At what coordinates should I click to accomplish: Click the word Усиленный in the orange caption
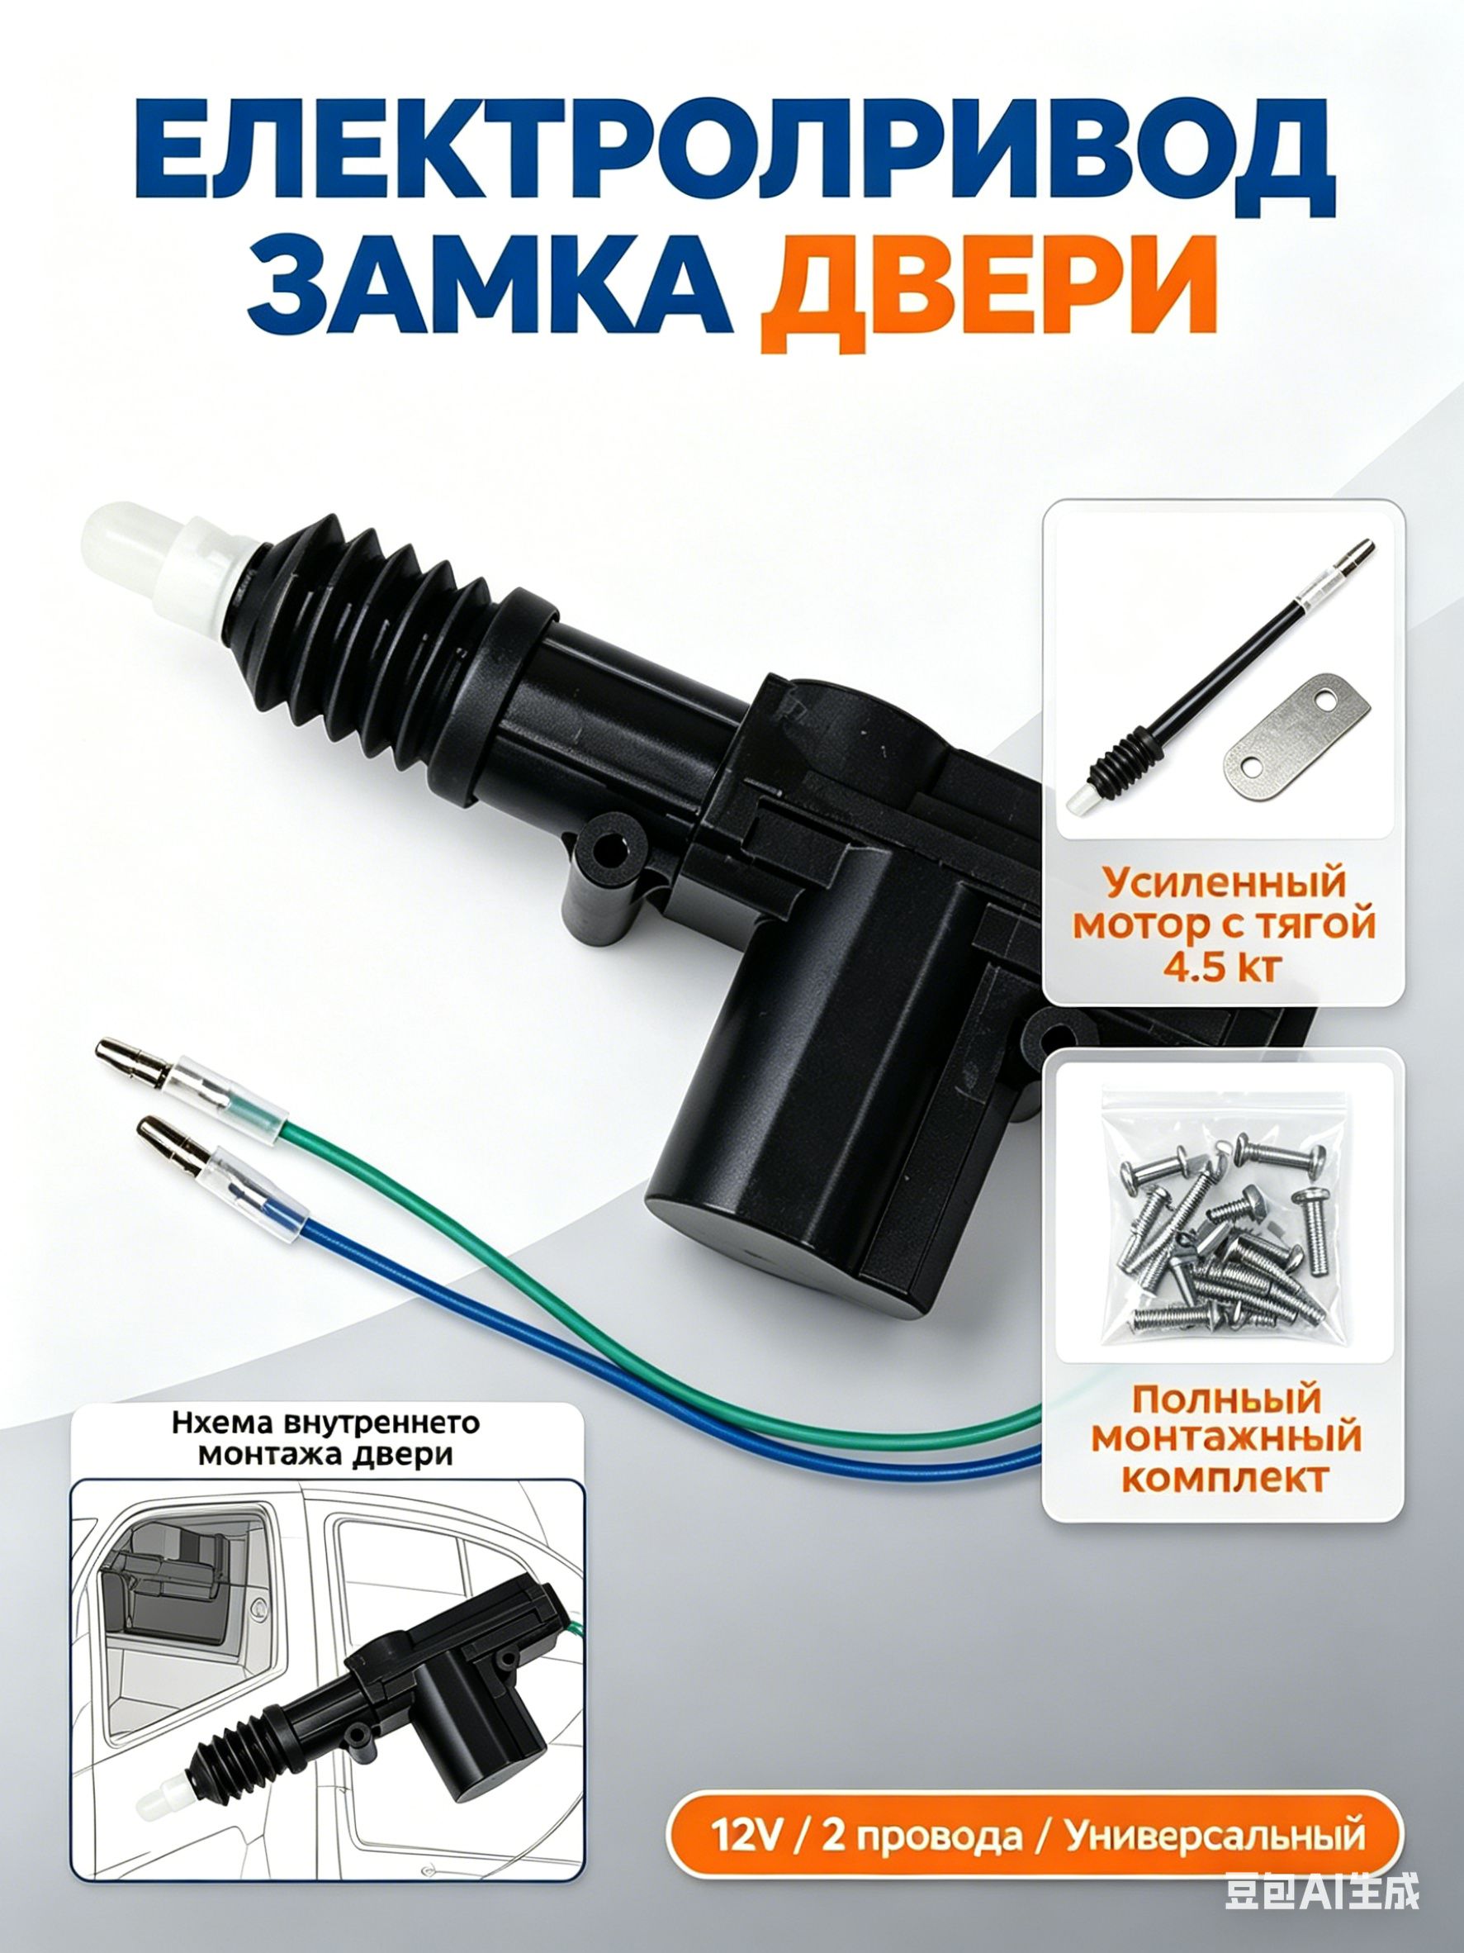[x=1221, y=882]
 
